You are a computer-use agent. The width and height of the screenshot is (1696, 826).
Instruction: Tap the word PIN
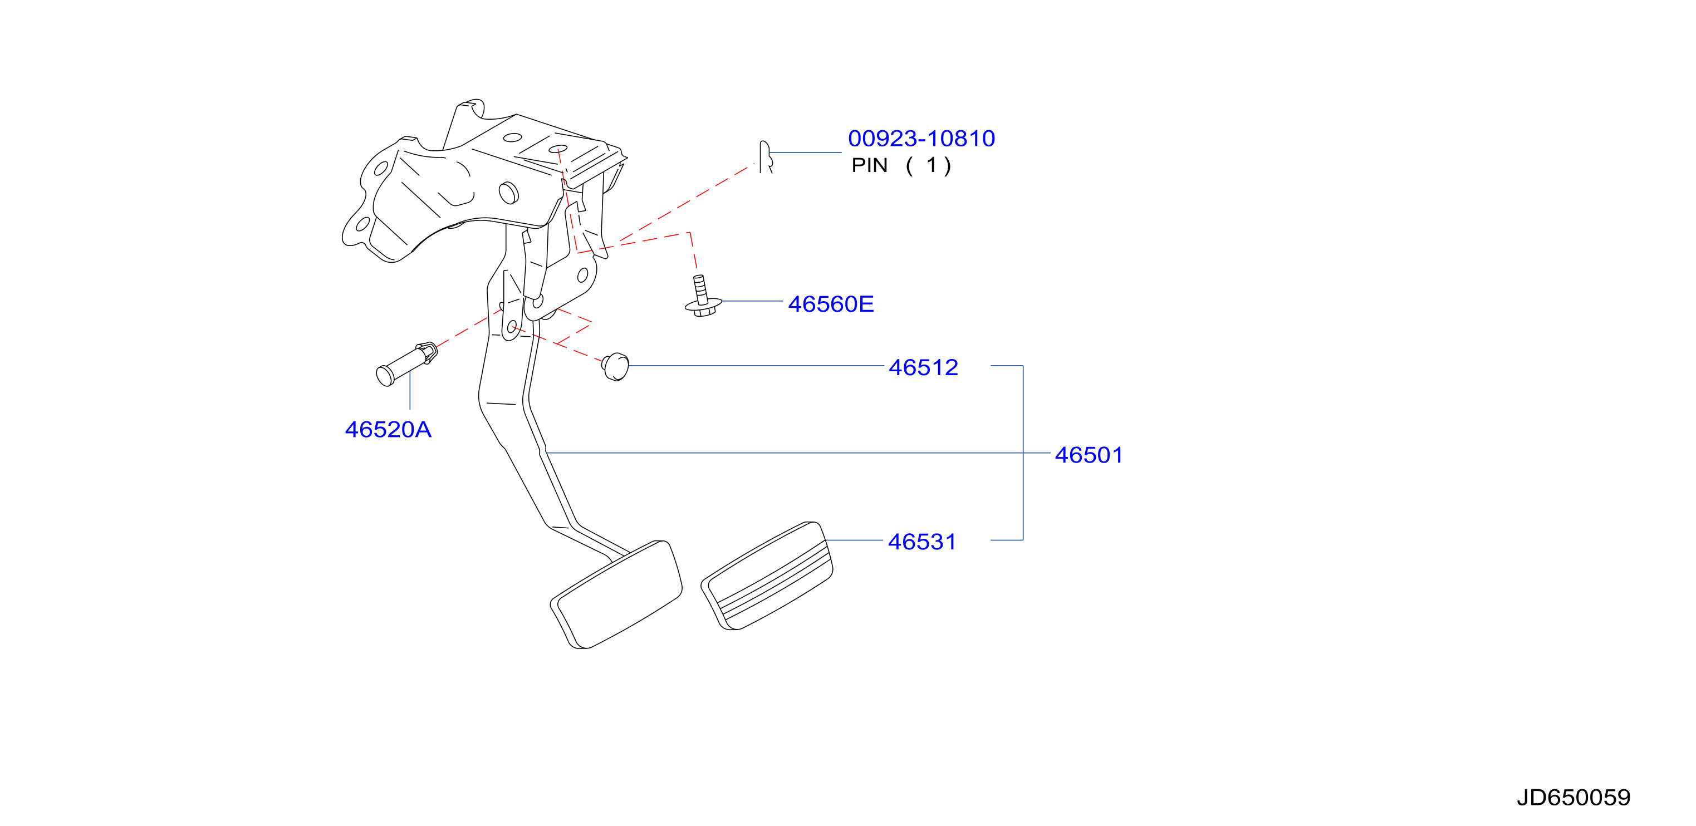point(870,165)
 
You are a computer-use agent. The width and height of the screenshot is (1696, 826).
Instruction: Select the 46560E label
point(831,304)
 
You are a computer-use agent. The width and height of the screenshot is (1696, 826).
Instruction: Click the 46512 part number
point(923,367)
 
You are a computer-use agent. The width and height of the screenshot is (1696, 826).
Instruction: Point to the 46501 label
point(1089,455)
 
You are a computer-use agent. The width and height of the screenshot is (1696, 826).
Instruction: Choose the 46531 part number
point(921,542)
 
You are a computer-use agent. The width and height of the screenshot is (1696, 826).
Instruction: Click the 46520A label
point(388,429)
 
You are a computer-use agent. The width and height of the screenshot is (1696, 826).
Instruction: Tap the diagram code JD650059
point(1574,798)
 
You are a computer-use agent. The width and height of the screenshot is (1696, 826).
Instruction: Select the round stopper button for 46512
point(616,367)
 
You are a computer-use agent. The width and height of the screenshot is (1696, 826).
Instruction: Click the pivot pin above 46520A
point(406,364)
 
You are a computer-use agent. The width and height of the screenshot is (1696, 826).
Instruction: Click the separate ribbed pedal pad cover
point(767,576)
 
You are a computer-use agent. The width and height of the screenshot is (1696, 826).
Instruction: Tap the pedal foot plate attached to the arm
point(616,594)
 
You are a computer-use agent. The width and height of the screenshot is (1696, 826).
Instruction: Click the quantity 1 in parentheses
point(931,165)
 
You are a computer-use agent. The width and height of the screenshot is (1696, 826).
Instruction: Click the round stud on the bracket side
point(509,192)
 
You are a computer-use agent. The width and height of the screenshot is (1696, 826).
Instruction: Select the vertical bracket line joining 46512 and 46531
point(1023,453)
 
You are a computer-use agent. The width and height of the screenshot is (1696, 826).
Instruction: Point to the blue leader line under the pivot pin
point(410,390)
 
